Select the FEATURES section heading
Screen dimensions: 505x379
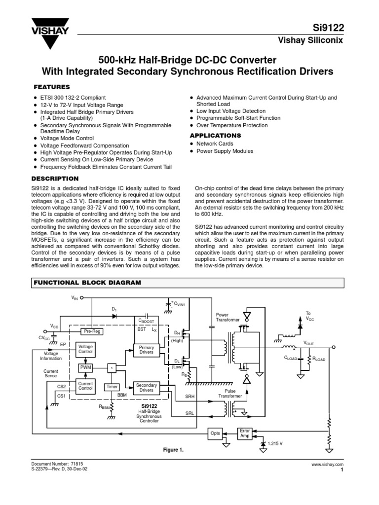tap(52, 86)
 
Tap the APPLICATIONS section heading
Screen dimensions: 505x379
tap(216, 135)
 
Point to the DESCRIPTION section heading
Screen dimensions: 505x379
tap(55, 178)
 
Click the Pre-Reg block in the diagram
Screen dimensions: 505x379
tap(92, 331)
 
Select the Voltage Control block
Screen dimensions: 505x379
tap(86, 350)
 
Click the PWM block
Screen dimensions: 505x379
tap(86, 368)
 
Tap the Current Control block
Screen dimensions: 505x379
tap(86, 386)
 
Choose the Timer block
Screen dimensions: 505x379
tap(113, 387)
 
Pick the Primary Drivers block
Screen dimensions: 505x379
tap(147, 350)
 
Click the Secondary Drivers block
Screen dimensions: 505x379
tap(147, 388)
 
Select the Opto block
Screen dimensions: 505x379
tap(215, 433)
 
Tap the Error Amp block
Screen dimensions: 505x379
tap(245, 433)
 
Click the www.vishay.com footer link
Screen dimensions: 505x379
tap(327, 465)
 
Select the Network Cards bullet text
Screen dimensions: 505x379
tap(215, 144)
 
